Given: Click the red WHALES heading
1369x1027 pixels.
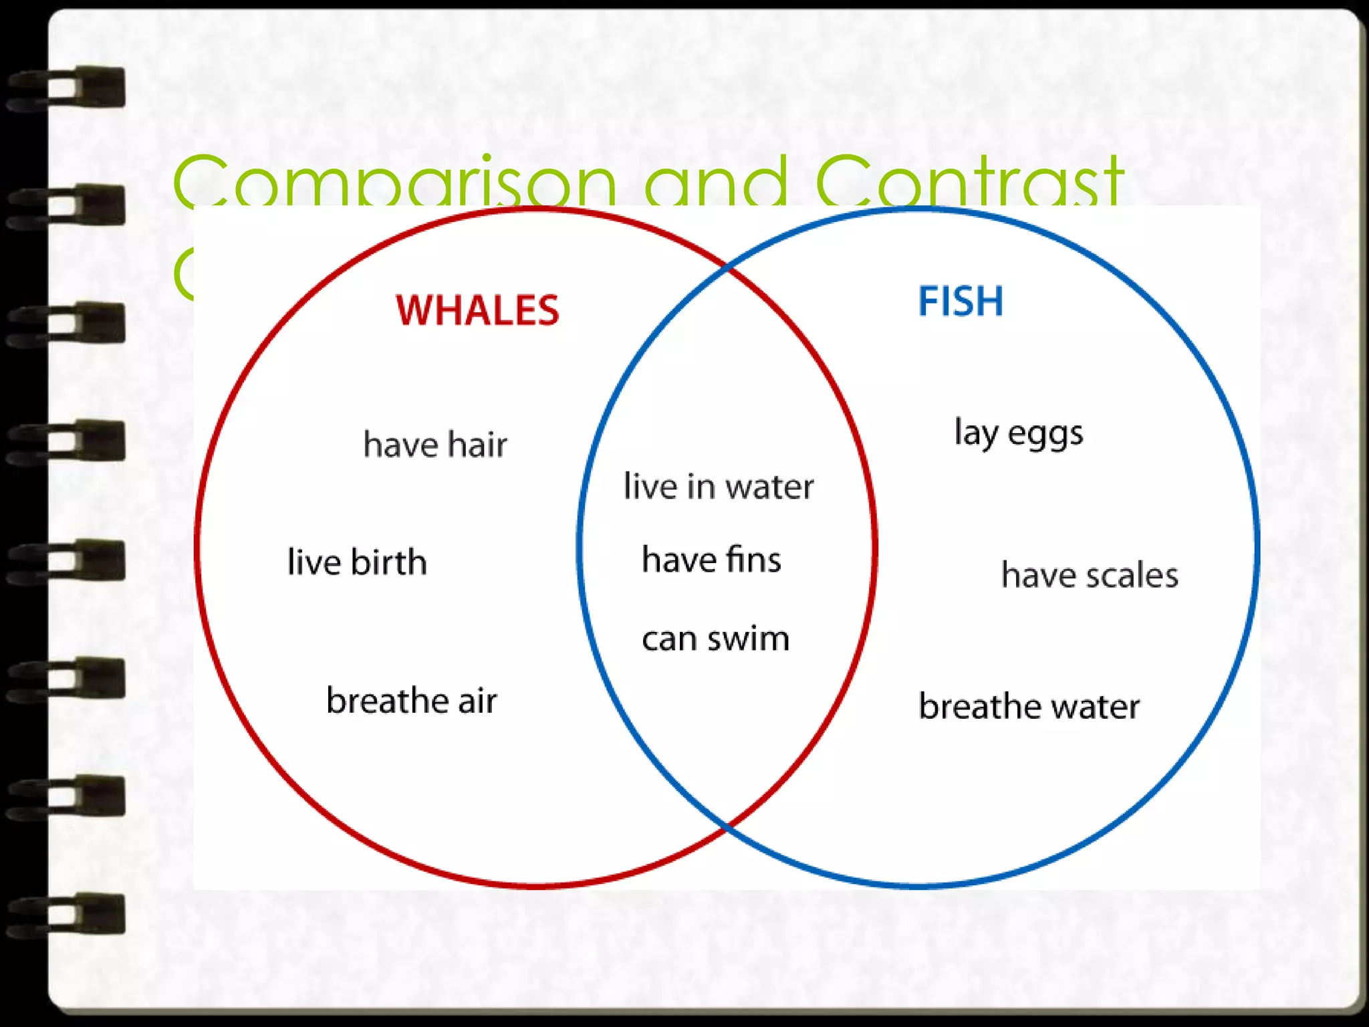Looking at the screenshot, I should (477, 310).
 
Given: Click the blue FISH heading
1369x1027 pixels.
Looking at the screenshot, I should (961, 302).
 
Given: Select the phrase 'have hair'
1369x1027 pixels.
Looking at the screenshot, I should (435, 445).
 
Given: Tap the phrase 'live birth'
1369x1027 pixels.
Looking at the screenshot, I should (357, 562).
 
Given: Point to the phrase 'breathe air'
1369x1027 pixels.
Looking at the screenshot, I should (412, 701).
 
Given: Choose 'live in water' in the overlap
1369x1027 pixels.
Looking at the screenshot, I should (719, 486).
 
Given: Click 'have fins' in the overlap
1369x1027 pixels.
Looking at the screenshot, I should (711, 559).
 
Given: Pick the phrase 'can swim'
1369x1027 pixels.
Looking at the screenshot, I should (715, 639).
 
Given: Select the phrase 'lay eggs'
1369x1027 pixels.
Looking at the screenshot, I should (1019, 433).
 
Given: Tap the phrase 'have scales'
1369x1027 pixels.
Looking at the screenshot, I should (1090, 575).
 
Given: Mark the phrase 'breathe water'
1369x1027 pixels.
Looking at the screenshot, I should (1029, 706).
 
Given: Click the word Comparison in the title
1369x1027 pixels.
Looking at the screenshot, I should (394, 181).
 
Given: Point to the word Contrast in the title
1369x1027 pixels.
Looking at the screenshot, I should (969, 181).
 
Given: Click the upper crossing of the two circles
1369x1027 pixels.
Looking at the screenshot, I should (727, 267).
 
